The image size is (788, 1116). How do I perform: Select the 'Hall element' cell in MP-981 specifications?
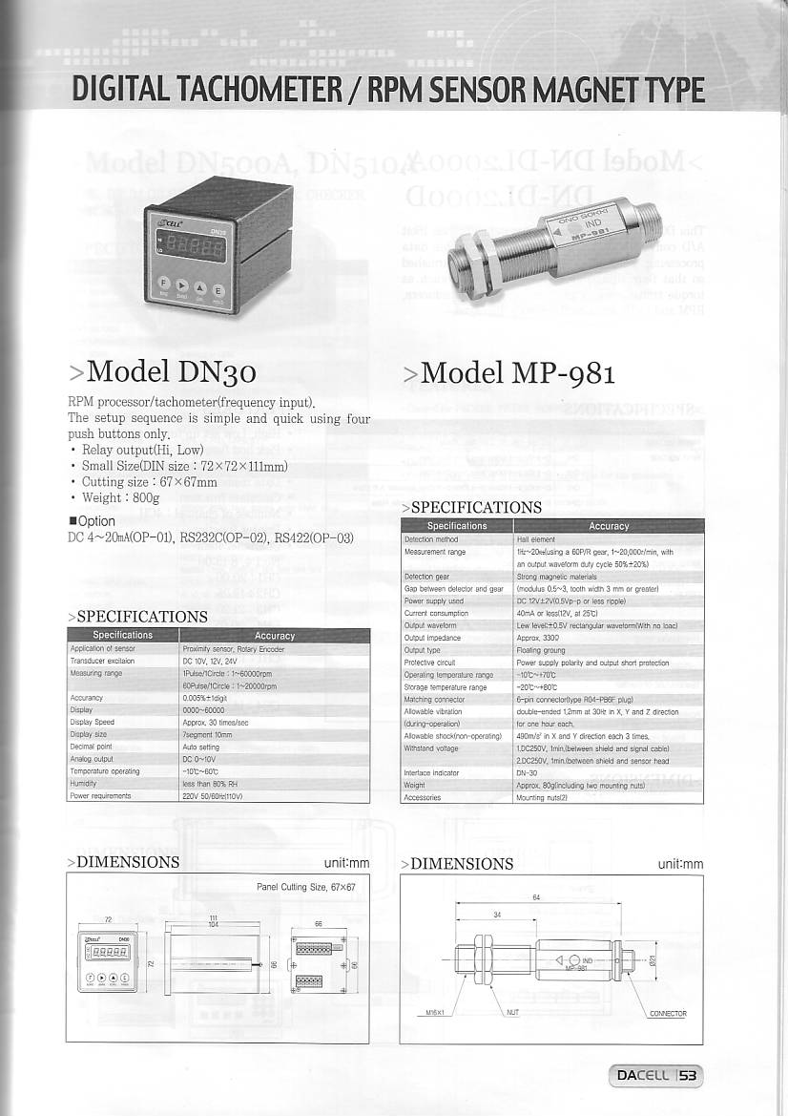(x=535, y=539)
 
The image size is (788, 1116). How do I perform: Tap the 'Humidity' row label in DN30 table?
(x=83, y=783)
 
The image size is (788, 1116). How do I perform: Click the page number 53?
(x=688, y=1076)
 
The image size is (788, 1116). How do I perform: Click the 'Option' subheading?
(x=94, y=521)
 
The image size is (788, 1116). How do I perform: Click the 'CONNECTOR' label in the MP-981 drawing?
(x=668, y=1013)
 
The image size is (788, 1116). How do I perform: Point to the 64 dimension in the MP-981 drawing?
(x=537, y=897)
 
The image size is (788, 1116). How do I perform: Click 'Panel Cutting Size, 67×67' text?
(x=305, y=887)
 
